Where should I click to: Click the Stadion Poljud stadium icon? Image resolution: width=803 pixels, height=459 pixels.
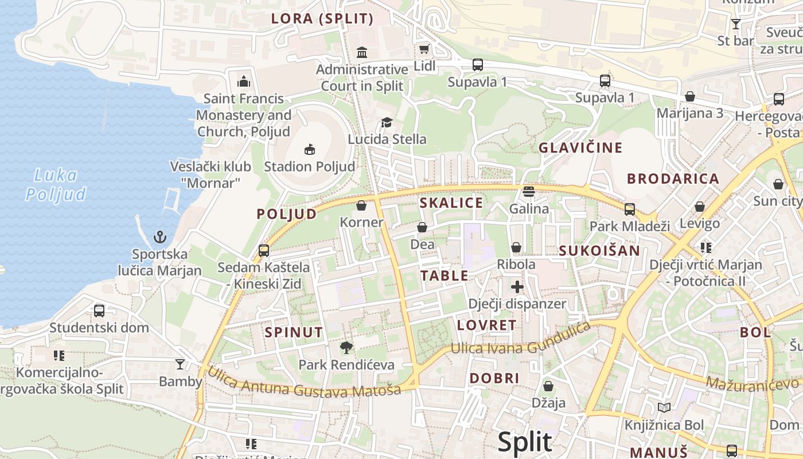(309, 150)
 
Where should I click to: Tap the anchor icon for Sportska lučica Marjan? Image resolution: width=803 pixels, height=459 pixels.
(161, 237)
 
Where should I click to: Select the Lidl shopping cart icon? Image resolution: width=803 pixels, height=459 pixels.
(424, 49)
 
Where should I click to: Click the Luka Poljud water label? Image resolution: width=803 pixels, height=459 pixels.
(56, 185)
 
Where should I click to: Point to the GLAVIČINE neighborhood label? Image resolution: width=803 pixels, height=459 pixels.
(580, 148)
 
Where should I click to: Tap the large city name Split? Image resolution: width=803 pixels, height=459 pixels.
(524, 442)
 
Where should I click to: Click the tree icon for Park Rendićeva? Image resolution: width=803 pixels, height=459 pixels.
(346, 347)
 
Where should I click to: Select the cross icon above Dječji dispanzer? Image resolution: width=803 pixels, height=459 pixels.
(517, 286)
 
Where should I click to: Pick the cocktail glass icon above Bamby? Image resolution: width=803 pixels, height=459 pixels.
(180, 364)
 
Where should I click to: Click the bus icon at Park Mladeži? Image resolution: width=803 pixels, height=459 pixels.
(629, 209)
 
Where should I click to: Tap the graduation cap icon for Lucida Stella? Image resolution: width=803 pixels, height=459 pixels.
(387, 122)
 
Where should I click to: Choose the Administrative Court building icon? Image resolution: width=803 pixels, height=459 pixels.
(362, 53)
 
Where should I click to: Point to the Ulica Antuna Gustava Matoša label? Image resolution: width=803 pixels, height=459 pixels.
(303, 384)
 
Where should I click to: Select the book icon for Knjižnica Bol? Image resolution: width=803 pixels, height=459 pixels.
(664, 408)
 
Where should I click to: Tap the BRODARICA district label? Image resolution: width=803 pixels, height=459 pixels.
(673, 178)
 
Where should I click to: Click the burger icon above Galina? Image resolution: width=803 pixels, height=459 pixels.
(528, 191)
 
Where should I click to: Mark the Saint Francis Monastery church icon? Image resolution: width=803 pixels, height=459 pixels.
(244, 81)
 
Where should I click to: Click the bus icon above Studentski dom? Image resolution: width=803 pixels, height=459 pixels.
(99, 311)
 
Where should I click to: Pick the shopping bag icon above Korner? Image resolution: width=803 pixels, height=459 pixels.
(361, 205)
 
